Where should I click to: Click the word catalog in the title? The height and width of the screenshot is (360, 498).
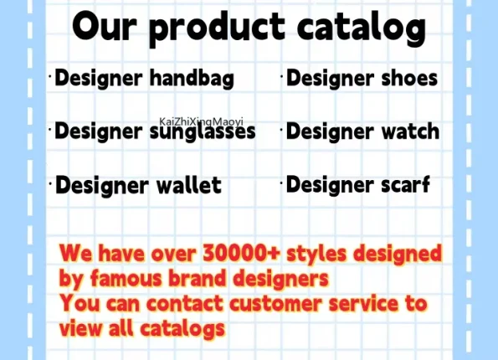(362, 28)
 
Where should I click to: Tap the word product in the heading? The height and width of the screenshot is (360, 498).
(217, 28)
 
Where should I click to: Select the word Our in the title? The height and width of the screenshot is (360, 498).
(104, 26)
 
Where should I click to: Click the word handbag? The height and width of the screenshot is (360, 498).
(192, 78)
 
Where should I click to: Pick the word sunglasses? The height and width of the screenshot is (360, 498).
(203, 131)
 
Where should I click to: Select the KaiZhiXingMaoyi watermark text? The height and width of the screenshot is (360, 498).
(201, 121)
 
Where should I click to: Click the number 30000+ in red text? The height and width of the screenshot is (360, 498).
(241, 253)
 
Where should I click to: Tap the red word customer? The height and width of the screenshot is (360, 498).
(275, 303)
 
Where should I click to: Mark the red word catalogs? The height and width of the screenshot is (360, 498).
(182, 329)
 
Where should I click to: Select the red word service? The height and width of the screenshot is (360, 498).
(363, 303)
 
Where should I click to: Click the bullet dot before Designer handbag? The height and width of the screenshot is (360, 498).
(50, 76)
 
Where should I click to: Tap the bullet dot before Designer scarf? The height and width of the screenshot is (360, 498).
(281, 183)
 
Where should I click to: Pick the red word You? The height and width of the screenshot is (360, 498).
(80, 303)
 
